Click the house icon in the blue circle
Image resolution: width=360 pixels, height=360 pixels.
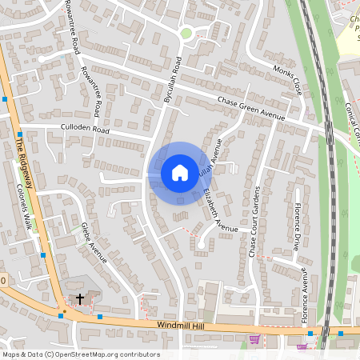coord(180,172)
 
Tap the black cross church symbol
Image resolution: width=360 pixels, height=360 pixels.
coord(80,299)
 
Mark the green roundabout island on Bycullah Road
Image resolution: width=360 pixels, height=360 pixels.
coord(186,33)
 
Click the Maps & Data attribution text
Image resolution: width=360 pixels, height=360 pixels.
coord(22,354)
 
